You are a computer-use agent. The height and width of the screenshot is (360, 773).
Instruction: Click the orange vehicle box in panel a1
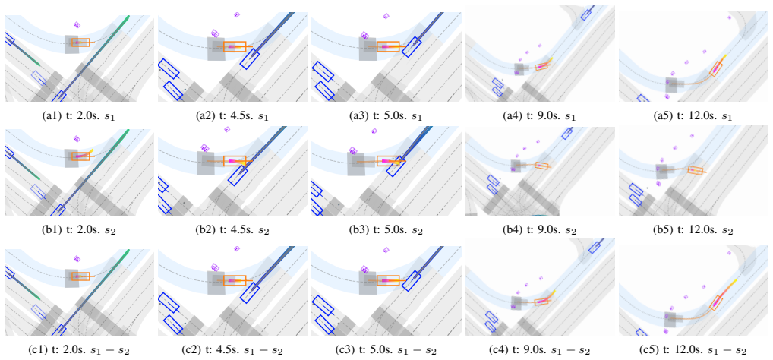80,43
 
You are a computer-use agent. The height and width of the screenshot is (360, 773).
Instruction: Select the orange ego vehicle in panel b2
234,161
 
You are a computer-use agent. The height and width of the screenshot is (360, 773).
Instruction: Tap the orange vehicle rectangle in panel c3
388,280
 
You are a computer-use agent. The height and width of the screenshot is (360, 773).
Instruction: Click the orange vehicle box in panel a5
717,69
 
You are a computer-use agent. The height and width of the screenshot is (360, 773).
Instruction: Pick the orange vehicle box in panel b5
695,171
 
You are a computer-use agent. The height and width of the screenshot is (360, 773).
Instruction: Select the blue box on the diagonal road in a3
411,46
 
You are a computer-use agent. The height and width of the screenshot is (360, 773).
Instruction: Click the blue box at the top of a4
586,14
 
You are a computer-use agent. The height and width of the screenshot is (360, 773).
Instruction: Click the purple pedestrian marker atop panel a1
77,24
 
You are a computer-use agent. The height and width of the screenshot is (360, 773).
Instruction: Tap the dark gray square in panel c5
674,319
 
